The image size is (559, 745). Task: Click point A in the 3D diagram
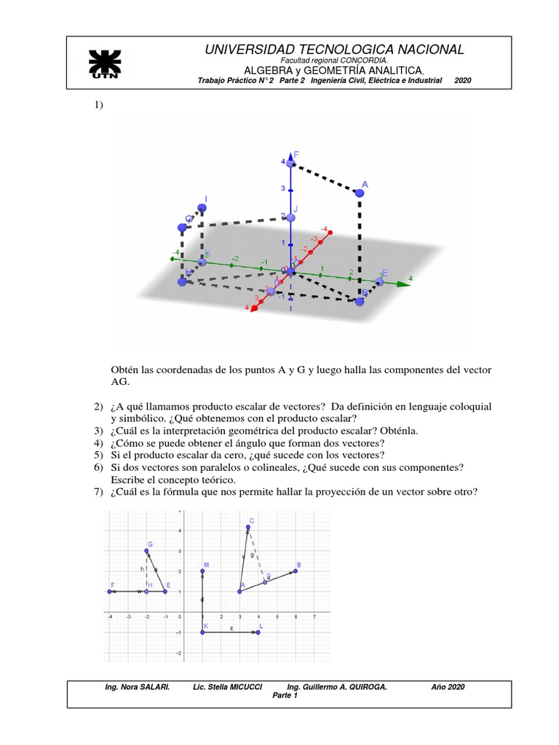pyautogui.click(x=359, y=192)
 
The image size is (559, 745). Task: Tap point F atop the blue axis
pyautogui.click(x=290, y=164)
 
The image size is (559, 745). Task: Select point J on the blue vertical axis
pyautogui.click(x=290, y=217)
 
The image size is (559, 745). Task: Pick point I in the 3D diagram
pyautogui.click(x=202, y=207)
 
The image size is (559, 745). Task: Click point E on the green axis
pyautogui.click(x=379, y=282)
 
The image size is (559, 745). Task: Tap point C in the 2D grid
pyautogui.click(x=248, y=527)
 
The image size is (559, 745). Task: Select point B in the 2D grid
pyautogui.click(x=296, y=571)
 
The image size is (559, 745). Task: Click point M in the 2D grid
pyautogui.click(x=202, y=571)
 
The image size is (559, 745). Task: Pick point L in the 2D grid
pyautogui.click(x=258, y=632)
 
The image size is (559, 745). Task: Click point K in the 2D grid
pyautogui.click(x=202, y=632)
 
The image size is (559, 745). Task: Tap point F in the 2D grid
pyautogui.click(x=109, y=591)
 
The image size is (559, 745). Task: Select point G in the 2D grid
pyautogui.click(x=146, y=551)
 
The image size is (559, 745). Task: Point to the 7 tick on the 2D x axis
pyautogui.click(x=314, y=617)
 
